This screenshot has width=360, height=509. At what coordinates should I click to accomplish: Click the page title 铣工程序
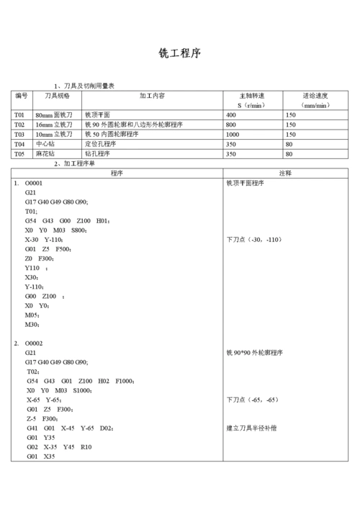click(179, 54)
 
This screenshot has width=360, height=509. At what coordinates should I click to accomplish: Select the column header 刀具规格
click(57, 96)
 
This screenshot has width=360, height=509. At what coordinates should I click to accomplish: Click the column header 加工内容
click(153, 96)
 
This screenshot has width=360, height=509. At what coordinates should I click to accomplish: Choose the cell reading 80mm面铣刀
click(54, 115)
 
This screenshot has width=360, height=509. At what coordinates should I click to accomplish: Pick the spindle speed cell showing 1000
click(233, 135)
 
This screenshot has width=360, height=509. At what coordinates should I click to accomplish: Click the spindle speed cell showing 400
click(231, 115)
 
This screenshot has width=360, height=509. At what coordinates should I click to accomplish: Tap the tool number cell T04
click(19, 144)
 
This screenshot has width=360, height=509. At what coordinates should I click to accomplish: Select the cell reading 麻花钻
click(46, 153)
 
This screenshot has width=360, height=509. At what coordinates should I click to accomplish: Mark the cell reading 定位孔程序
click(101, 144)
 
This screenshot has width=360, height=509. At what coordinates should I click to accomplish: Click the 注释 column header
click(285, 174)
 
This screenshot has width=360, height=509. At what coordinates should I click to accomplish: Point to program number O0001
click(34, 184)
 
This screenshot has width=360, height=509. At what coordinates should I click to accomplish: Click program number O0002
click(34, 343)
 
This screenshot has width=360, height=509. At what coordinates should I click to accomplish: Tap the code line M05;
click(32, 315)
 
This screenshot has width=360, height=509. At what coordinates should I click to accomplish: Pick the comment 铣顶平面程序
click(246, 184)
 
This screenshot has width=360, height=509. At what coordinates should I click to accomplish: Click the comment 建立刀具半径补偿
click(252, 428)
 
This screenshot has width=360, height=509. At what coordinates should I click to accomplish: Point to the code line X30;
click(31, 277)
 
